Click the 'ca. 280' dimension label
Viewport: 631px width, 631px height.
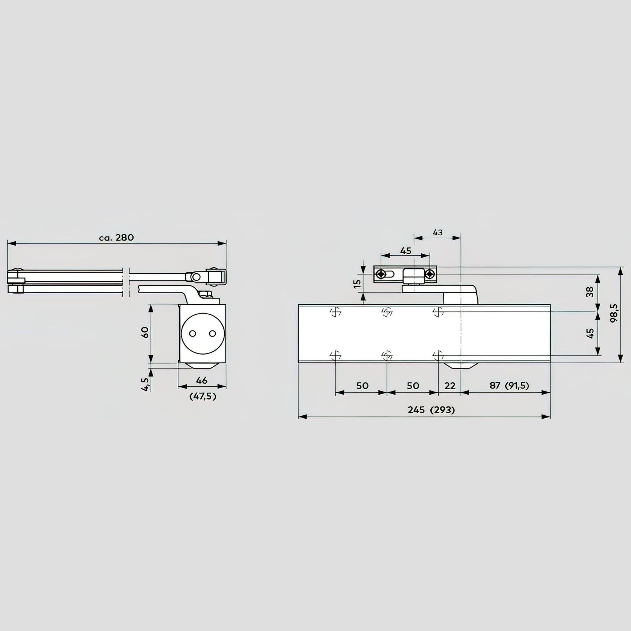coord(116,238)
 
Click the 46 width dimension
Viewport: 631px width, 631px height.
coord(202,381)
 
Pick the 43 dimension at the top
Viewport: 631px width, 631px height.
coord(437,232)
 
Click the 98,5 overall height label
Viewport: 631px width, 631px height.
coord(614,313)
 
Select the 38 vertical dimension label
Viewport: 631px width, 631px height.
coord(590,292)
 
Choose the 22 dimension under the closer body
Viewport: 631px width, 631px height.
coord(450,386)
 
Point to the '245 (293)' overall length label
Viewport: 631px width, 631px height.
coord(431,410)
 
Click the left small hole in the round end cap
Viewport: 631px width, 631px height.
coord(193,334)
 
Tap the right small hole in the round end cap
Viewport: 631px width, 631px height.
coord(212,334)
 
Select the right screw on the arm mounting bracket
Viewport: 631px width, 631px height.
coord(430,274)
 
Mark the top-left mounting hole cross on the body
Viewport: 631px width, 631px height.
coord(335,312)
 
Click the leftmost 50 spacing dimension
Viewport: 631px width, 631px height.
coord(362,386)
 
